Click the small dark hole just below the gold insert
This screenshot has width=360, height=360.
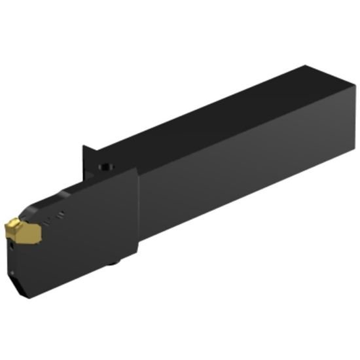(x=35, y=247)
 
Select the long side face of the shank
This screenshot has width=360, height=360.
(x=249, y=177)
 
